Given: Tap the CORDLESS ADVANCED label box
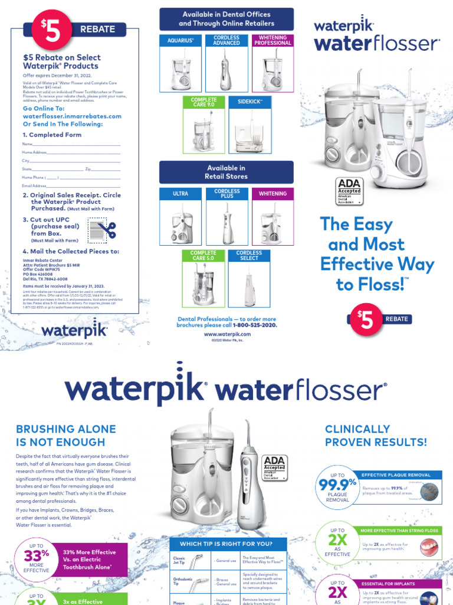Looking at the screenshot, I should click(226, 40).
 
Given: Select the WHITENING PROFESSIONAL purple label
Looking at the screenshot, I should click(273, 40).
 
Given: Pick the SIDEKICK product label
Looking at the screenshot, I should click(250, 102).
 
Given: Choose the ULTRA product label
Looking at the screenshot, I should click(180, 194).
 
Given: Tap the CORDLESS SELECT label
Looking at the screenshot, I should click(250, 255).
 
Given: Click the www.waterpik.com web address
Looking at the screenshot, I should click(227, 334).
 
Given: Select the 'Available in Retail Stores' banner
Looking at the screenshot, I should click(226, 172).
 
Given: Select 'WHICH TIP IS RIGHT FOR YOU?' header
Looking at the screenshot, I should click(226, 544).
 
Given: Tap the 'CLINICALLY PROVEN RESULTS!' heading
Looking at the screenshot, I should click(376, 435).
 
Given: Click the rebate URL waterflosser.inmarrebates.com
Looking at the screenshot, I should click(72, 116).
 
